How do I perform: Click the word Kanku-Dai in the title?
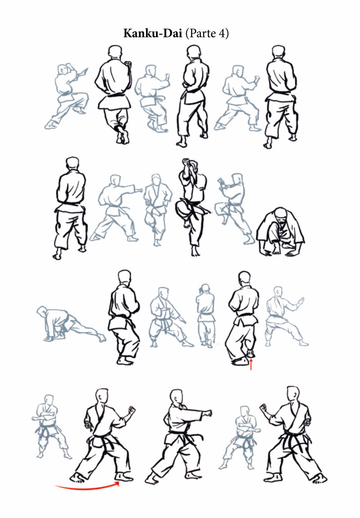click(x=153, y=33)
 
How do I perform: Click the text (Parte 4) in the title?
click(x=207, y=34)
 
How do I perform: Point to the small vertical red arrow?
click(x=251, y=364)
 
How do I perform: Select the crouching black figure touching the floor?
click(x=280, y=232)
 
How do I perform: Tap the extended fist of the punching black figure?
click(x=208, y=413)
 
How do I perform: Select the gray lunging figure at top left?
click(x=67, y=96)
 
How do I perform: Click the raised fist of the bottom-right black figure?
click(x=263, y=408)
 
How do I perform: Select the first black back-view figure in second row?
click(x=71, y=208)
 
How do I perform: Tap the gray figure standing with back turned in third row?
click(x=205, y=315)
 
